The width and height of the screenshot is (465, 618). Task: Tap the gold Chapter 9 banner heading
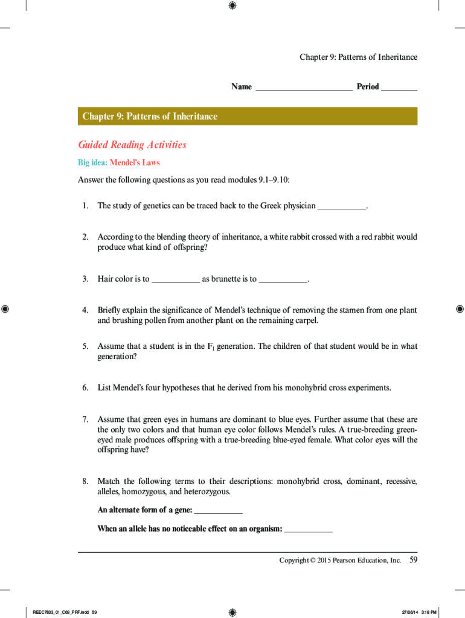point(150,116)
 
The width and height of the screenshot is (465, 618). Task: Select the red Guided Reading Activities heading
point(132,145)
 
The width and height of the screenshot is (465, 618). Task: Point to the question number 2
point(85,237)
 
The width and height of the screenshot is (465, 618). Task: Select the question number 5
point(85,346)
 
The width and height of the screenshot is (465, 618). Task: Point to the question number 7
point(85,419)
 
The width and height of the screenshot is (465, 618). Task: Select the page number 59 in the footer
point(414,560)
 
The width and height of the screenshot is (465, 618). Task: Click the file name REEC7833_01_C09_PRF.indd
point(58,613)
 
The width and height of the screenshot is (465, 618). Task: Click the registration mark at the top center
point(232,5)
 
